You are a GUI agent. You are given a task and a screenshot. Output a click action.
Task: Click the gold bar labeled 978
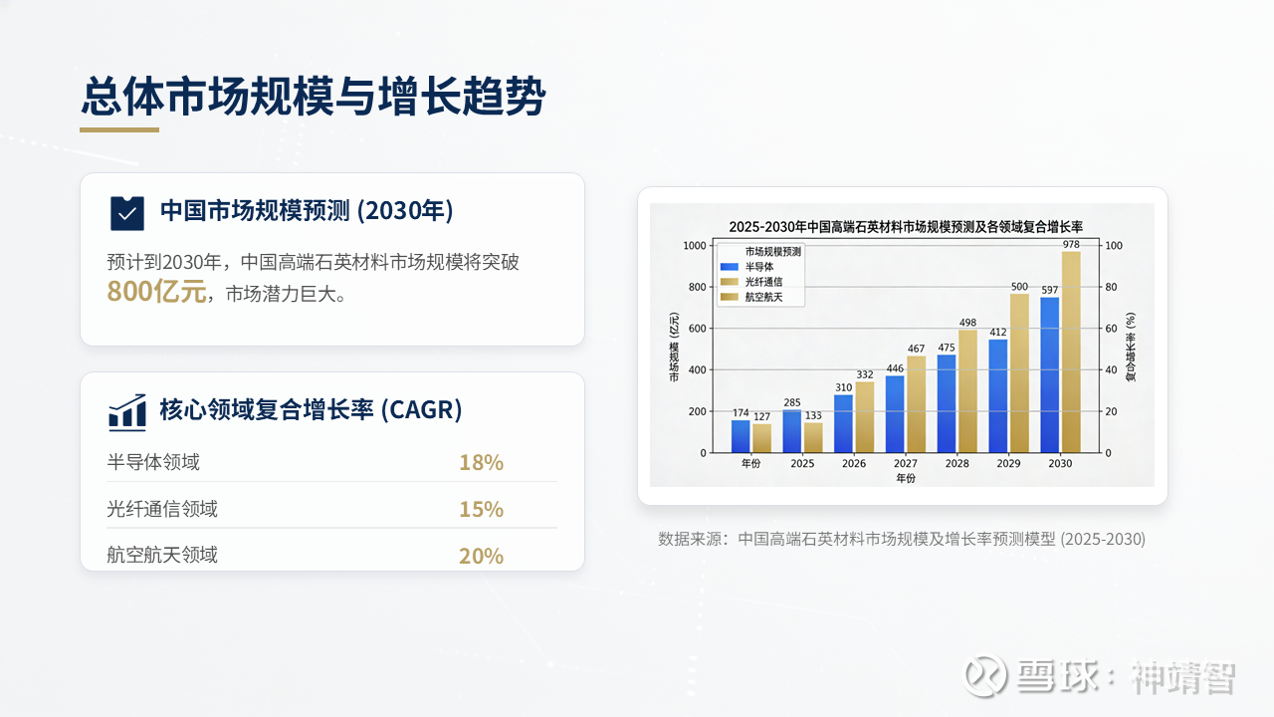(1071, 353)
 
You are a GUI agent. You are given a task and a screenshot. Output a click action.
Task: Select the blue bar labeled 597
(1050, 375)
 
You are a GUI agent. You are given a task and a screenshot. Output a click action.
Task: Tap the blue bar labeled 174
(741, 436)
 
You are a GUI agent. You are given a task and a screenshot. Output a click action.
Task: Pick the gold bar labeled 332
(865, 417)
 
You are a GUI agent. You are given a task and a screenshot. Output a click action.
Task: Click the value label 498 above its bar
(967, 323)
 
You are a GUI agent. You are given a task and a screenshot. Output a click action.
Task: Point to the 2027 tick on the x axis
(906, 463)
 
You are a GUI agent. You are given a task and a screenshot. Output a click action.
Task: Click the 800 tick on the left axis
(698, 287)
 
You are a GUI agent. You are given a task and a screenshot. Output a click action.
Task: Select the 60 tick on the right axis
(1111, 329)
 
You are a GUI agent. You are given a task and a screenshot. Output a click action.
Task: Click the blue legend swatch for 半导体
(730, 266)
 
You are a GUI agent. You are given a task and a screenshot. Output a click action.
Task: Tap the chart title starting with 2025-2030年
(906, 227)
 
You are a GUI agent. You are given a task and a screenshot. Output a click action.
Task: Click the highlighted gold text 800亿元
(156, 292)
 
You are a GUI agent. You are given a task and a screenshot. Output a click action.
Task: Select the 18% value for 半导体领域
(481, 463)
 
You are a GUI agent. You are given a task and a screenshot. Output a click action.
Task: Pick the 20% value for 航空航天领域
(481, 556)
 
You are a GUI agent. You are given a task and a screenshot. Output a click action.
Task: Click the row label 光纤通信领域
(162, 509)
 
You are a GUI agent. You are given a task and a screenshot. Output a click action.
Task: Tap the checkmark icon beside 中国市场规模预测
(126, 213)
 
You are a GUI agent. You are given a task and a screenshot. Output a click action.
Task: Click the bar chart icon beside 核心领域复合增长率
(126, 411)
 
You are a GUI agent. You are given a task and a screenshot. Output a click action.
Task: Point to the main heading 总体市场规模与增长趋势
(314, 97)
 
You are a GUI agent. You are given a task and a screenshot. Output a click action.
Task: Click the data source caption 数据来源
(902, 539)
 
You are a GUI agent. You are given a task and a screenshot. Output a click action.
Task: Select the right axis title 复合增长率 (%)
(1131, 347)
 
